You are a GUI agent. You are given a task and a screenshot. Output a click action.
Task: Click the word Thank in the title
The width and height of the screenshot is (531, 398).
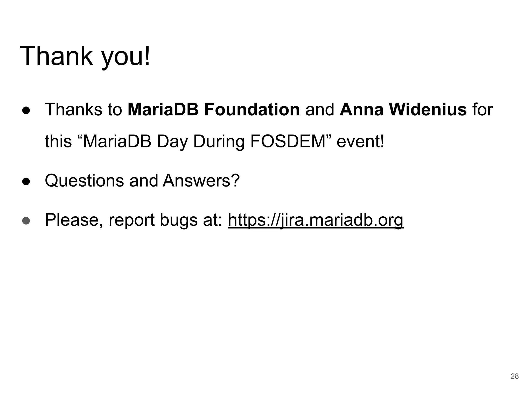pyautogui.click(x=56, y=56)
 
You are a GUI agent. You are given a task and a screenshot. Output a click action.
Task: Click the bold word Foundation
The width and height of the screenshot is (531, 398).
pyautogui.click(x=252, y=109)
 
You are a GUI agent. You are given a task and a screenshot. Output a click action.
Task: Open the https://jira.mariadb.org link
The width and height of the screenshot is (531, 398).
pyautogui.click(x=316, y=220)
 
